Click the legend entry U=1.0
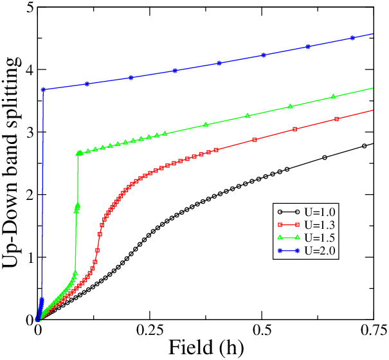(x=320, y=212)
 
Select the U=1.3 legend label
(x=320, y=225)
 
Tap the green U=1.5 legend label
(x=320, y=238)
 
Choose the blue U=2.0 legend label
(x=320, y=251)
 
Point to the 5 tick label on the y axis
(x=30, y=8)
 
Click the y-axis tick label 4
(x=30, y=70)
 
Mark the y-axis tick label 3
(x=30, y=132)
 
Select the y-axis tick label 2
(x=30, y=195)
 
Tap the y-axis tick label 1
(x=30, y=257)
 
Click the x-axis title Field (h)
(x=206, y=348)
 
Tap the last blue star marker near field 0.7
(x=352, y=38)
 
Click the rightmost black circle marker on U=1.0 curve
(x=364, y=146)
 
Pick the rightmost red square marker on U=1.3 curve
(x=337, y=119)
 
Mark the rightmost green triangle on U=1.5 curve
(x=333, y=96)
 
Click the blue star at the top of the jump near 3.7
(x=44, y=89)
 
